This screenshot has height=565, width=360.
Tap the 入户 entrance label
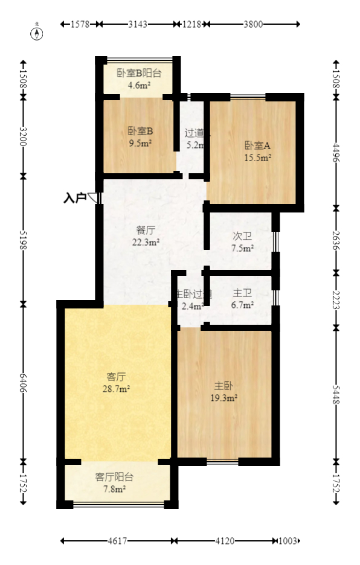(74, 197)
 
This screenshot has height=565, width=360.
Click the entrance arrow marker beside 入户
(93, 197)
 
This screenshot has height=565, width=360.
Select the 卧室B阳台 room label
(139, 74)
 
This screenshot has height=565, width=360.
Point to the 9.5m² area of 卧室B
(140, 143)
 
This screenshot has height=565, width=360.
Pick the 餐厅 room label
(146, 230)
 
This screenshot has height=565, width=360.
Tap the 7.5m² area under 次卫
(243, 247)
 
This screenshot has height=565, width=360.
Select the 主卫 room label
(242, 293)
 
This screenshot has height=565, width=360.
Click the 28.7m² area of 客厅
(116, 389)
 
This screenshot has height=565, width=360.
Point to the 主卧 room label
(223, 385)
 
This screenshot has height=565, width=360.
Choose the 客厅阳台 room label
(115, 477)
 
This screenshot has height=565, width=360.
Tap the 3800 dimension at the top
(253, 24)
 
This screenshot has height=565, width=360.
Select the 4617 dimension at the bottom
(117, 541)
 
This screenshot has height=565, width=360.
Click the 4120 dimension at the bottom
(225, 541)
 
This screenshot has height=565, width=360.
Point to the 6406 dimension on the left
(24, 382)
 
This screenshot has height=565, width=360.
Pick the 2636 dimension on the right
(337, 240)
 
